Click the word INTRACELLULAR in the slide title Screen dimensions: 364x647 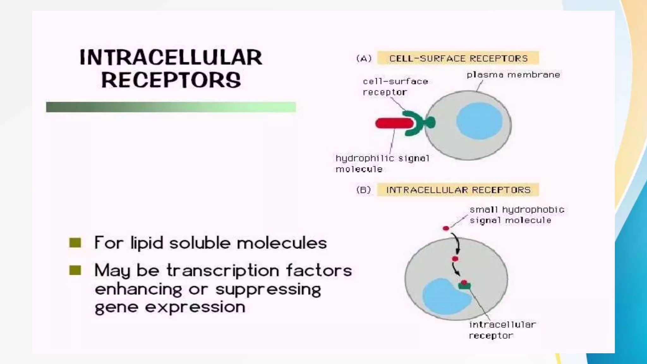171,58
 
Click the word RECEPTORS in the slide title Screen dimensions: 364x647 171,80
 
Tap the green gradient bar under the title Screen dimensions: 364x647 171,107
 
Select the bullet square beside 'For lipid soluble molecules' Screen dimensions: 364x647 75,243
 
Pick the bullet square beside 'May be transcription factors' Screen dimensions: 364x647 75,270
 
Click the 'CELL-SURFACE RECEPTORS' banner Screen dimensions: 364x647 458,58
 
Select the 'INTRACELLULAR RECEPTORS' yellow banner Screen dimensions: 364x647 458,190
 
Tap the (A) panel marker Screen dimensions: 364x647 364,58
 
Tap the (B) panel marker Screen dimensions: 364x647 364,190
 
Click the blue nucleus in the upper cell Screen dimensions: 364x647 479,121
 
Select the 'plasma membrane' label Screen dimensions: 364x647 513,75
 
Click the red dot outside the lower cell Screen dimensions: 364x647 446,228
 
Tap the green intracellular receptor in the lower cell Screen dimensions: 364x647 464,286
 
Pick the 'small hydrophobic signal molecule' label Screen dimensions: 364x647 517,215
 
